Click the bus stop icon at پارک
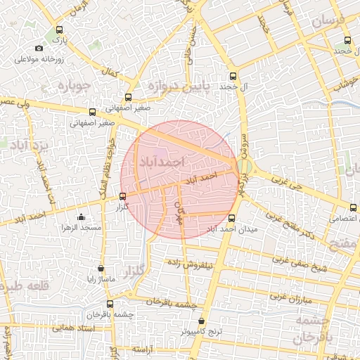(x=59, y=30)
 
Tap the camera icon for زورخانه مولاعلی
(x=39, y=49)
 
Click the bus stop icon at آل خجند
(x=233, y=76)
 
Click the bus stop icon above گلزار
(x=123, y=196)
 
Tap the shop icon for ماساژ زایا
(x=102, y=269)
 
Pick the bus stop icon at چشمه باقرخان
(x=110, y=303)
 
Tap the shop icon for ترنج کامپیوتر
(x=202, y=320)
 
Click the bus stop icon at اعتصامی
(x=352, y=207)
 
